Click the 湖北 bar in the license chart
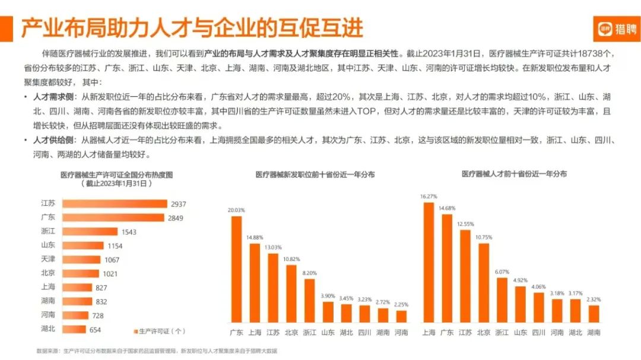(x=74, y=329)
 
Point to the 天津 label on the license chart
(x=49, y=259)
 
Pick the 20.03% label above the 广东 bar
(x=236, y=210)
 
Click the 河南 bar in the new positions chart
(x=402, y=317)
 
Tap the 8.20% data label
(x=310, y=273)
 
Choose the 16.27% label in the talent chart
(x=429, y=196)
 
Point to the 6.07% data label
(x=502, y=272)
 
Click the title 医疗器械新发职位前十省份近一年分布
(x=315, y=175)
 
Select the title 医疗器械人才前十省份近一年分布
(x=514, y=174)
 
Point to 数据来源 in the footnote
(x=47, y=351)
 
